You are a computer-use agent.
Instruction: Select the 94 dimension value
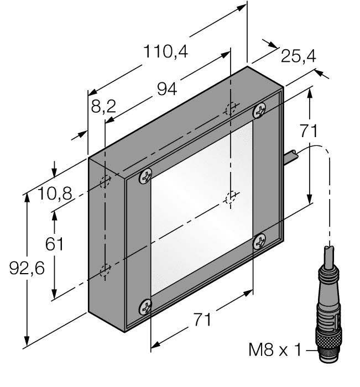(x=168, y=88)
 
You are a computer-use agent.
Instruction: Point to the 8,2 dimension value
(x=103, y=106)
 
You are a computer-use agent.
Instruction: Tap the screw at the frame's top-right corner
(x=259, y=111)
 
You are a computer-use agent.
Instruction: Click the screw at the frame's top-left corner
(x=145, y=176)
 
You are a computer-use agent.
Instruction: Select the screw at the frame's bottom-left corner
(x=146, y=305)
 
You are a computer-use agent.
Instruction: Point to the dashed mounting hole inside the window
(x=231, y=197)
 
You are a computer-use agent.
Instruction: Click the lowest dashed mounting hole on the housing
(x=105, y=270)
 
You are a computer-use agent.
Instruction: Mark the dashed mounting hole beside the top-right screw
(x=231, y=108)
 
